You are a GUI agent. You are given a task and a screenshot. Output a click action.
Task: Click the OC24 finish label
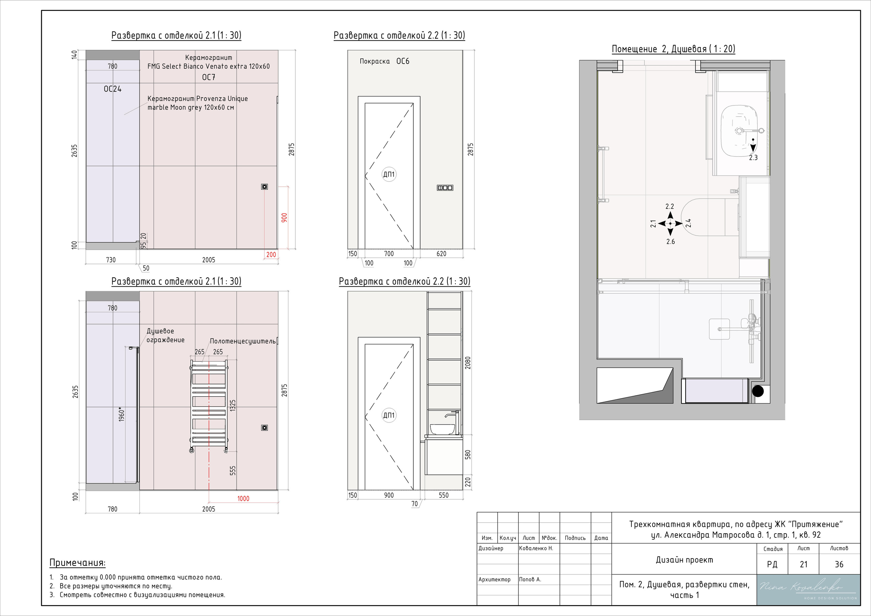coord(113,89)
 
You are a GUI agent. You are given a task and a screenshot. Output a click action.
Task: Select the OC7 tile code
coord(209,77)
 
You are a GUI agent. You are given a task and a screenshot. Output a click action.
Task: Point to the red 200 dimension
coord(271,254)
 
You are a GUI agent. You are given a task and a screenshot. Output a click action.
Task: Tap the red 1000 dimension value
coord(243,498)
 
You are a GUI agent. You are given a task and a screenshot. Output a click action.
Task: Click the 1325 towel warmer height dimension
coord(233,405)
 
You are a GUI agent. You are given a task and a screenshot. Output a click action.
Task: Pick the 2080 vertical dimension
coord(468,363)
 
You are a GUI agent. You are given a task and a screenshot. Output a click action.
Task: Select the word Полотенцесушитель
coord(243,342)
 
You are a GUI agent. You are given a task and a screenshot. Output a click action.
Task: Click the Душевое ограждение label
coord(165,335)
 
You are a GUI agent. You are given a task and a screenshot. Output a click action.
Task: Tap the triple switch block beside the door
coord(445,188)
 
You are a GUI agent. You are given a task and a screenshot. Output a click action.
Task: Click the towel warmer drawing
coord(209,406)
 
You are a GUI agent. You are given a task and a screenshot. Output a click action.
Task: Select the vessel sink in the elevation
coord(442,429)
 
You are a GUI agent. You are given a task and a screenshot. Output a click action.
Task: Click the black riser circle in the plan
coord(758,391)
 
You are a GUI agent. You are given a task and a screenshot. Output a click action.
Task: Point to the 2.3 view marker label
coord(753,158)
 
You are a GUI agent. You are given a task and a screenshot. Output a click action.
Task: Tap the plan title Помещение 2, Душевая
coord(673,49)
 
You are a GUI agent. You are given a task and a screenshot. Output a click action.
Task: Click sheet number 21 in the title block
coord(804,564)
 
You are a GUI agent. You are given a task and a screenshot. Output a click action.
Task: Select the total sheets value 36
coord(839,564)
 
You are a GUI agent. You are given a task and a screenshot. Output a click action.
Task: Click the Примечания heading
coord(78,563)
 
